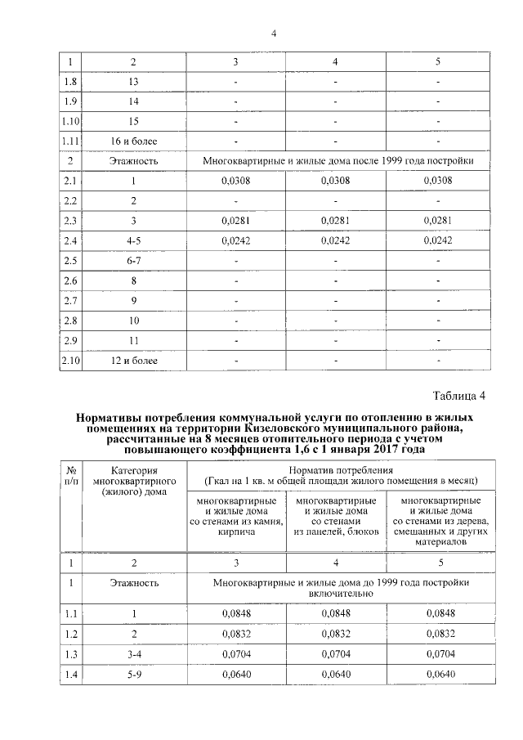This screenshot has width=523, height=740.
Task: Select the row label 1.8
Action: [x=70, y=82]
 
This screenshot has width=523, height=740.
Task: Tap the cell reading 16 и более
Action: [x=134, y=141]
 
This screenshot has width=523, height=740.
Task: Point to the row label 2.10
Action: [x=70, y=360]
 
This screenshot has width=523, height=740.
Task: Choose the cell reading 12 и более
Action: [x=134, y=360]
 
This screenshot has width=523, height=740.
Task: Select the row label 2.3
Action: [x=70, y=221]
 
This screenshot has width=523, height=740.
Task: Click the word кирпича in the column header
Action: [x=236, y=531]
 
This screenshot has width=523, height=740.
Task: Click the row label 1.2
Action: [x=70, y=634]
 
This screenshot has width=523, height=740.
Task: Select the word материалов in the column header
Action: [x=440, y=540]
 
